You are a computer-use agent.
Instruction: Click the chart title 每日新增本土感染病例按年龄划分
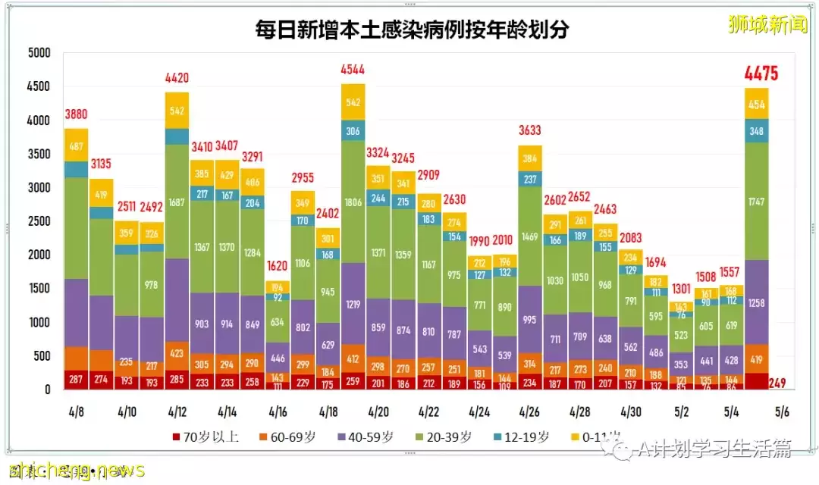click(412, 30)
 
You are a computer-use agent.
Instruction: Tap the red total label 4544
click(353, 70)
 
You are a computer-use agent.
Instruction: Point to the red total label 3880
click(76, 114)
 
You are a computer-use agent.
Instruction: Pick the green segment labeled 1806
click(353, 203)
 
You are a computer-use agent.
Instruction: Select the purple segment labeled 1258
click(756, 303)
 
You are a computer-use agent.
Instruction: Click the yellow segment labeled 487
click(76, 145)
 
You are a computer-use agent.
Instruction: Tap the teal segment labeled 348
click(756, 131)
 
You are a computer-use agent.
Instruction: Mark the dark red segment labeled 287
click(76, 377)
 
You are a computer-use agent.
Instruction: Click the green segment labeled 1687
click(177, 202)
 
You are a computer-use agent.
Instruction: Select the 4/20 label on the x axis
click(378, 413)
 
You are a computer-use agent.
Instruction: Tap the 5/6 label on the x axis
click(781, 413)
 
